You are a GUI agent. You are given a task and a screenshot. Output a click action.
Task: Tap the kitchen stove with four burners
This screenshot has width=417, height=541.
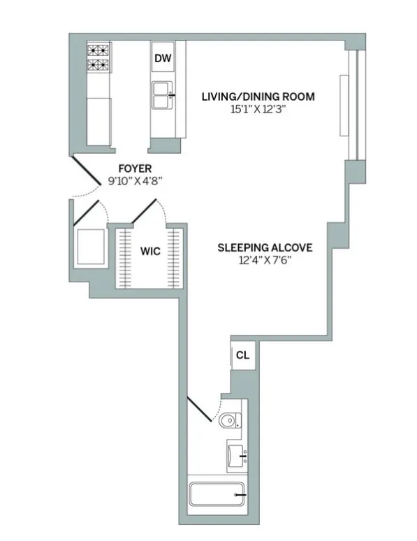(98, 58)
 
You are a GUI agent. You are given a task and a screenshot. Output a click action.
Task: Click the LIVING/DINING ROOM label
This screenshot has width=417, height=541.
(258, 96)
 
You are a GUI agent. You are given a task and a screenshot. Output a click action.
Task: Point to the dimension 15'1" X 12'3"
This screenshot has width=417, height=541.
(258, 110)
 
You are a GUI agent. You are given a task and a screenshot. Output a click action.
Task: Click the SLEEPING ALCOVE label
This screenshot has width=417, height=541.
(264, 247)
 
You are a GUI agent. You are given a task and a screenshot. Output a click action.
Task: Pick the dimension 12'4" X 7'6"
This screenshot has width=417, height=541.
(264, 261)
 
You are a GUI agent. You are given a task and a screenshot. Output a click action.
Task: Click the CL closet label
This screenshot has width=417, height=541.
(242, 355)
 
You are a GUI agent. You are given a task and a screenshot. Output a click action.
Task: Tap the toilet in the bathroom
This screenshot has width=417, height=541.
(229, 421)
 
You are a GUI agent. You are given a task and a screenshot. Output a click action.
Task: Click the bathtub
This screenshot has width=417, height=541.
(217, 497)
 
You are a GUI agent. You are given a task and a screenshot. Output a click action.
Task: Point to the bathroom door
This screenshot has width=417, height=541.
(200, 410)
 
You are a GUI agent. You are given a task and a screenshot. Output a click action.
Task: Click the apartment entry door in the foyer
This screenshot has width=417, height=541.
(89, 174)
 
